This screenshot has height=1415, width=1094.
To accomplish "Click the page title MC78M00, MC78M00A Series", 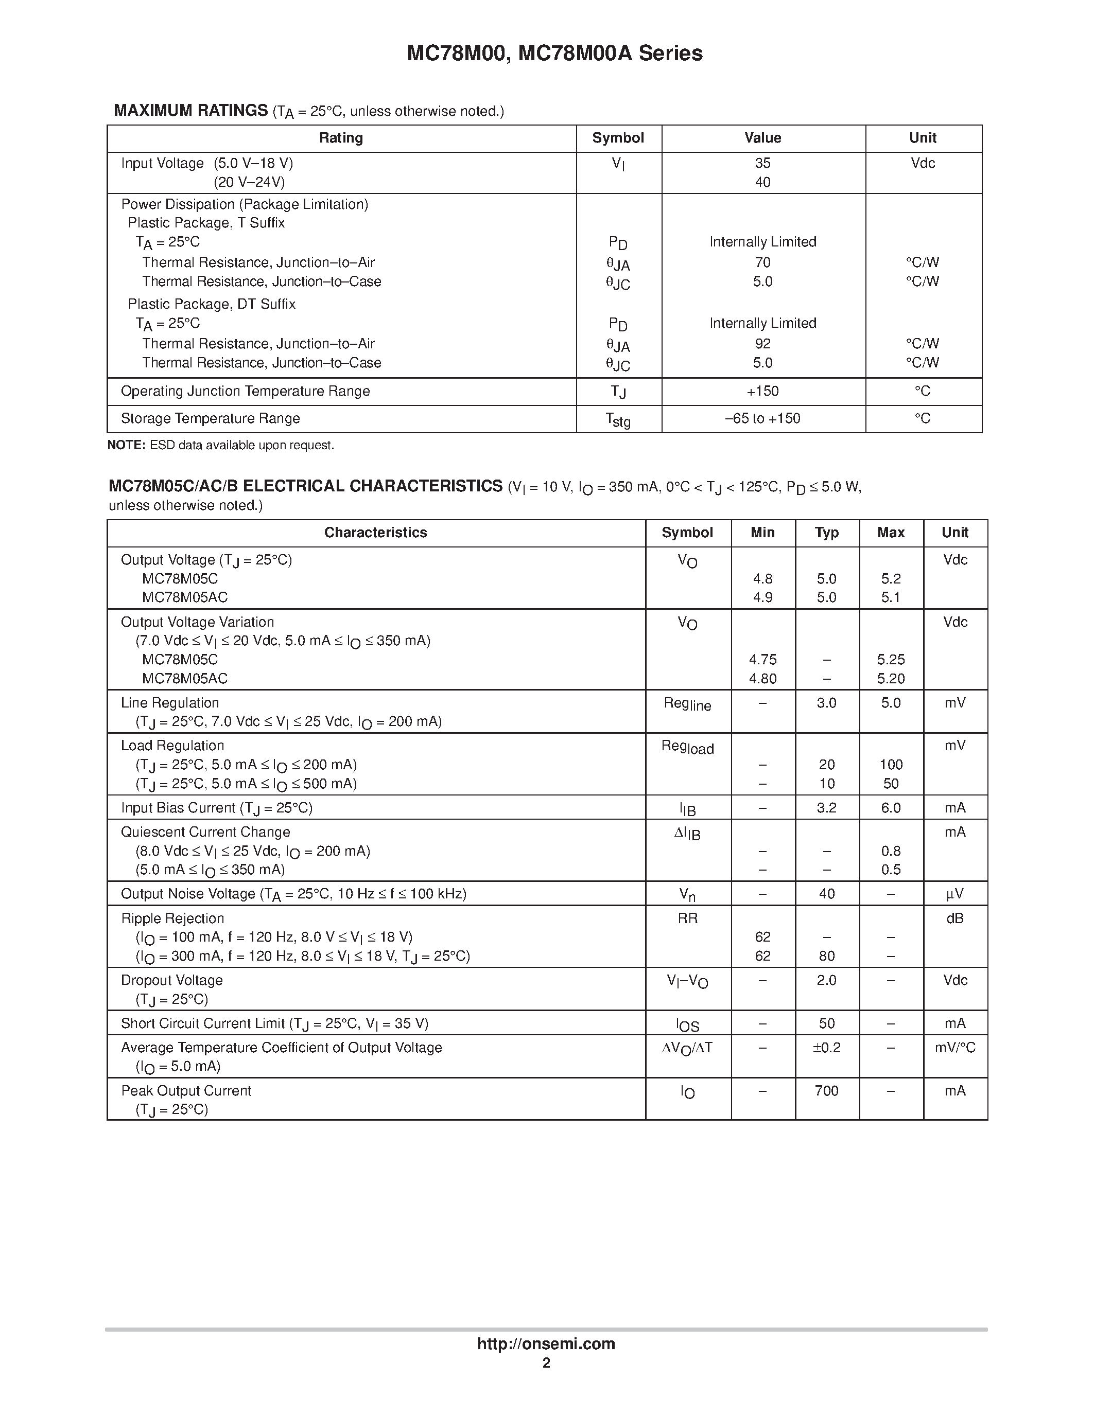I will [554, 53].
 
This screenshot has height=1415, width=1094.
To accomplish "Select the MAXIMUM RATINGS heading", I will [190, 110].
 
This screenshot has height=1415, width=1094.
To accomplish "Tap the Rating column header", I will [341, 138].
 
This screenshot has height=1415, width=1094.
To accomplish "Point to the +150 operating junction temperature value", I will [762, 392].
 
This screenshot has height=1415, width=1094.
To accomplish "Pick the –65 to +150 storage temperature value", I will [762, 418].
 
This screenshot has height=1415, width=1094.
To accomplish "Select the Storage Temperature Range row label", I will [210, 418].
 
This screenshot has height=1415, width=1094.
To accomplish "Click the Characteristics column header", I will [375, 533].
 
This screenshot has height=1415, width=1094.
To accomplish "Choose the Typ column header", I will [826, 533].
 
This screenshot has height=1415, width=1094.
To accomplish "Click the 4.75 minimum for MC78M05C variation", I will [762, 660].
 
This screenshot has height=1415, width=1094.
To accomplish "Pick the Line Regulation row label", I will [170, 703].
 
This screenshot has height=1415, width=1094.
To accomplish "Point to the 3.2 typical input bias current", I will [826, 808].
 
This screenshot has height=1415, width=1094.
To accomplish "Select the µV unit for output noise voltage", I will [954, 894].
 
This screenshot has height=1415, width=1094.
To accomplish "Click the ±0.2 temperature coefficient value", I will [826, 1048].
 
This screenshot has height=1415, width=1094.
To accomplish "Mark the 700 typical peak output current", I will [826, 1091].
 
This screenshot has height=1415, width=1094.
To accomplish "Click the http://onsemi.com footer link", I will [546, 1343].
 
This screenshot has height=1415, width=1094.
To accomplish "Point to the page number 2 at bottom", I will [546, 1363].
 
